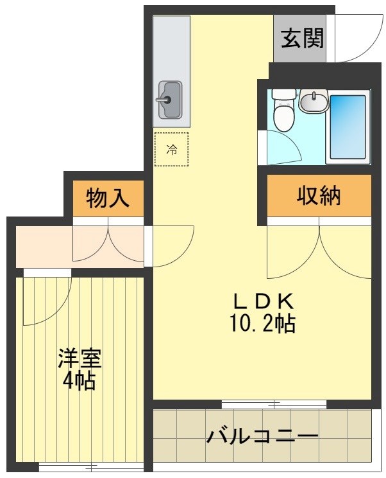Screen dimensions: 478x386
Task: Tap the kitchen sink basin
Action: coord(171,100)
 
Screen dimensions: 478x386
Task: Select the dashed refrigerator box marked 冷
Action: coord(171,149)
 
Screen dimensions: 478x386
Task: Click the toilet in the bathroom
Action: coord(281,114)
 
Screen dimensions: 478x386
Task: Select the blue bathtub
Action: coord(348,127)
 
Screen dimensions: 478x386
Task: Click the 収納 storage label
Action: coord(319,196)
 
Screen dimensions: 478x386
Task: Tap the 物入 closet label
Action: coord(107,199)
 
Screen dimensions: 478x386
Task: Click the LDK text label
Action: coord(262,301)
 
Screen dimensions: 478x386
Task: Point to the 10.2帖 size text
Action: coord(262,323)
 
